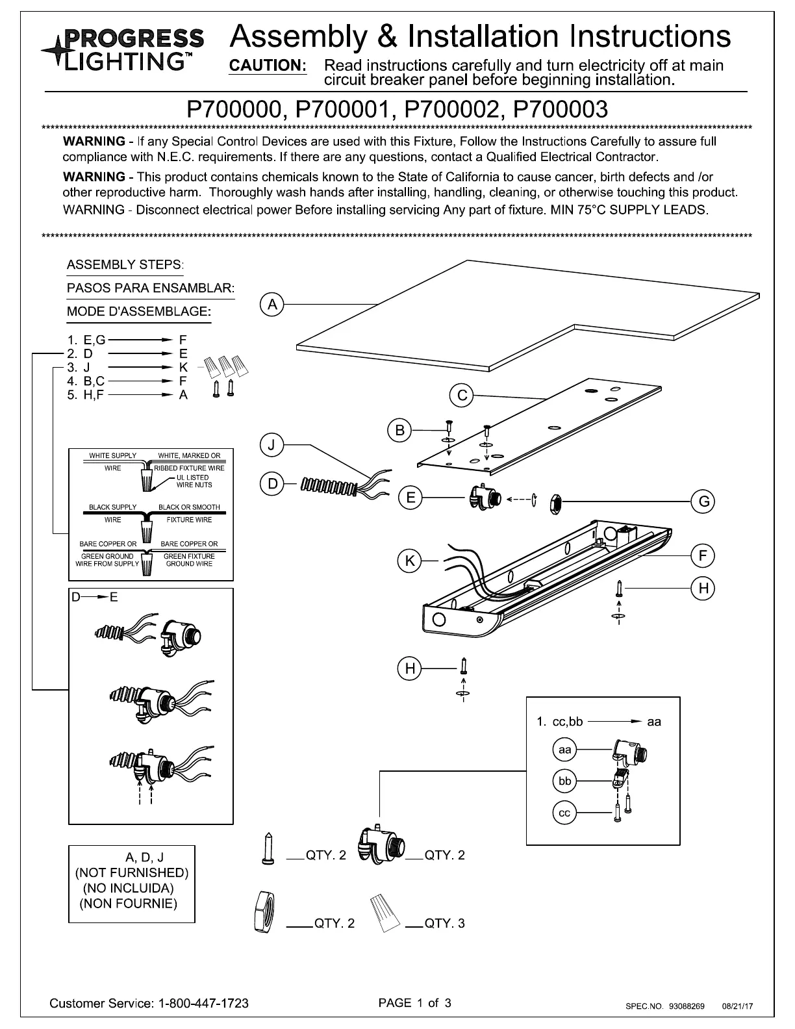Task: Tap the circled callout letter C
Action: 462,396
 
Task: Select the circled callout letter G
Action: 703,501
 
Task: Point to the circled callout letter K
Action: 409,561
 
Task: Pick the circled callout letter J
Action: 272,445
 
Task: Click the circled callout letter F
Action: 703,555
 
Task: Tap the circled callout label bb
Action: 564,781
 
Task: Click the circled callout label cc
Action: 564,813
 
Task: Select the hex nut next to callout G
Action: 555,501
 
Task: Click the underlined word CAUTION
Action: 268,66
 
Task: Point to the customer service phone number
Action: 203,1003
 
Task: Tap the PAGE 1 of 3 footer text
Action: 414,1002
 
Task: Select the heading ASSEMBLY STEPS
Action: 125,264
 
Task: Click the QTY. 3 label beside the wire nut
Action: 445,923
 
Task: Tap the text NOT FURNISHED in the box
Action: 132,872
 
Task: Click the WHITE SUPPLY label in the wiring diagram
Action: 113,455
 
